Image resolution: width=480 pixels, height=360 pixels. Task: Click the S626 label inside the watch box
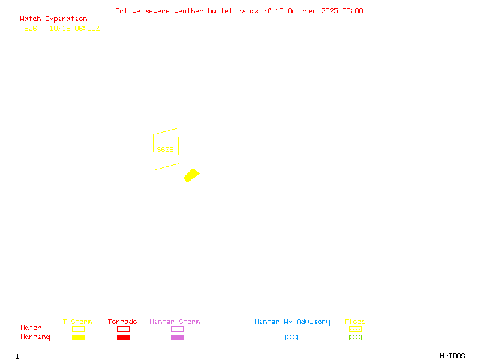[165, 149]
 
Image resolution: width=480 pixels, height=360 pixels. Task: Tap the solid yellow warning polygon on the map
[191, 175]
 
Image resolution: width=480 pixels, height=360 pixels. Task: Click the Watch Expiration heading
[53, 19]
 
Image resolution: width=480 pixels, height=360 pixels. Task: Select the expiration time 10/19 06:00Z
[74, 28]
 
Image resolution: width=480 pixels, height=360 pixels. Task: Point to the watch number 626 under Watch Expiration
[31, 28]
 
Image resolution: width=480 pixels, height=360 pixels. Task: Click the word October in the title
[310, 11]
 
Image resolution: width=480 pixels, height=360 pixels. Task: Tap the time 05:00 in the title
[353, 11]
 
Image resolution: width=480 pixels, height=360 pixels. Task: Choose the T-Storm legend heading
[77, 322]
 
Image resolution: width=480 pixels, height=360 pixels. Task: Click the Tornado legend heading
[122, 322]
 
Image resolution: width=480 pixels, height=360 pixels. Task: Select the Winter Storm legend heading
[175, 322]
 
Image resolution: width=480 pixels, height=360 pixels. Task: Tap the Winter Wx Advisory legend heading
[292, 322]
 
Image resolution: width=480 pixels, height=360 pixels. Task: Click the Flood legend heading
[355, 322]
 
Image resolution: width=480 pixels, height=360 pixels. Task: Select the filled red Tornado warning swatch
[123, 338]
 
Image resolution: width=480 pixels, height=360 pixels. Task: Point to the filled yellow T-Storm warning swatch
[78, 338]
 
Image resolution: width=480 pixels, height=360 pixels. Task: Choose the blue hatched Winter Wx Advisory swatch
[291, 338]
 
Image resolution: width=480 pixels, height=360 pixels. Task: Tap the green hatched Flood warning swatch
[355, 338]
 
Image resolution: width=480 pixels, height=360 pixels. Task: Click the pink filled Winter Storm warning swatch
[177, 338]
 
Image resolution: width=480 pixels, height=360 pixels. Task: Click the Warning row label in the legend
[35, 337]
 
